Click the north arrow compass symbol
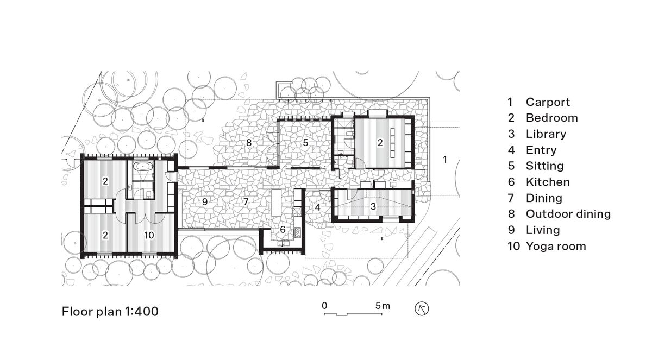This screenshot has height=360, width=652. (422, 309)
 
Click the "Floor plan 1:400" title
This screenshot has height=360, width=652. (110, 312)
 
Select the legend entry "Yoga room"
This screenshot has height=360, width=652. (555, 246)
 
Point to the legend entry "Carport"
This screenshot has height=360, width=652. (547, 102)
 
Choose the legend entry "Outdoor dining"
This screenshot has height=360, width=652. (568, 214)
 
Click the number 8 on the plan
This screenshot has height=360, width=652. (249, 143)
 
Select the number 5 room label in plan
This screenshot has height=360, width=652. (305, 143)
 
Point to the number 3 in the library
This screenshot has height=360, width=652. (373, 206)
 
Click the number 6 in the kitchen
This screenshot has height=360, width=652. (283, 229)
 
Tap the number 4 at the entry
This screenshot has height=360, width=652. (317, 207)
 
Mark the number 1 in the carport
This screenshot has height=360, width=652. (444, 160)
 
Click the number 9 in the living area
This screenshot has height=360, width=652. (204, 201)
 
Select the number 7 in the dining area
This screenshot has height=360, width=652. (246, 201)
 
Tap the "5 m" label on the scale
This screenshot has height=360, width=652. (383, 306)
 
